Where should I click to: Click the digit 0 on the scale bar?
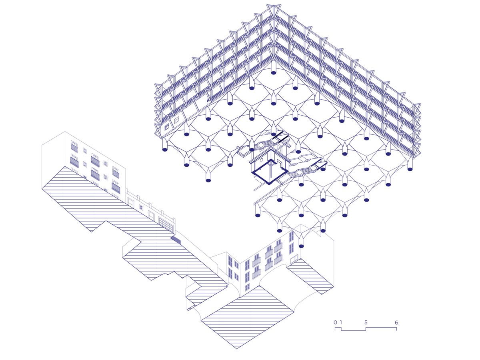pyautogui.click(x=335, y=322)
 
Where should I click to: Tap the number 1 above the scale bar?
pyautogui.click(x=341, y=322)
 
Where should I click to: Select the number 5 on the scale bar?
pyautogui.click(x=366, y=322)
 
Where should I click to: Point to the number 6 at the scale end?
pyautogui.click(x=396, y=322)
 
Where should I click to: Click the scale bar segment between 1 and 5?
pyautogui.click(x=353, y=330)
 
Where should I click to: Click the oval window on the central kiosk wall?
pyautogui.click(x=261, y=160)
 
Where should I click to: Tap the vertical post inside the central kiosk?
pyautogui.click(x=271, y=169)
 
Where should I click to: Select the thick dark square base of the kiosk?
pyautogui.click(x=270, y=173)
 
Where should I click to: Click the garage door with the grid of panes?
pyautogui.click(x=166, y=224)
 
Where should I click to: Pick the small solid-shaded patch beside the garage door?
pyautogui.click(x=176, y=239)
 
